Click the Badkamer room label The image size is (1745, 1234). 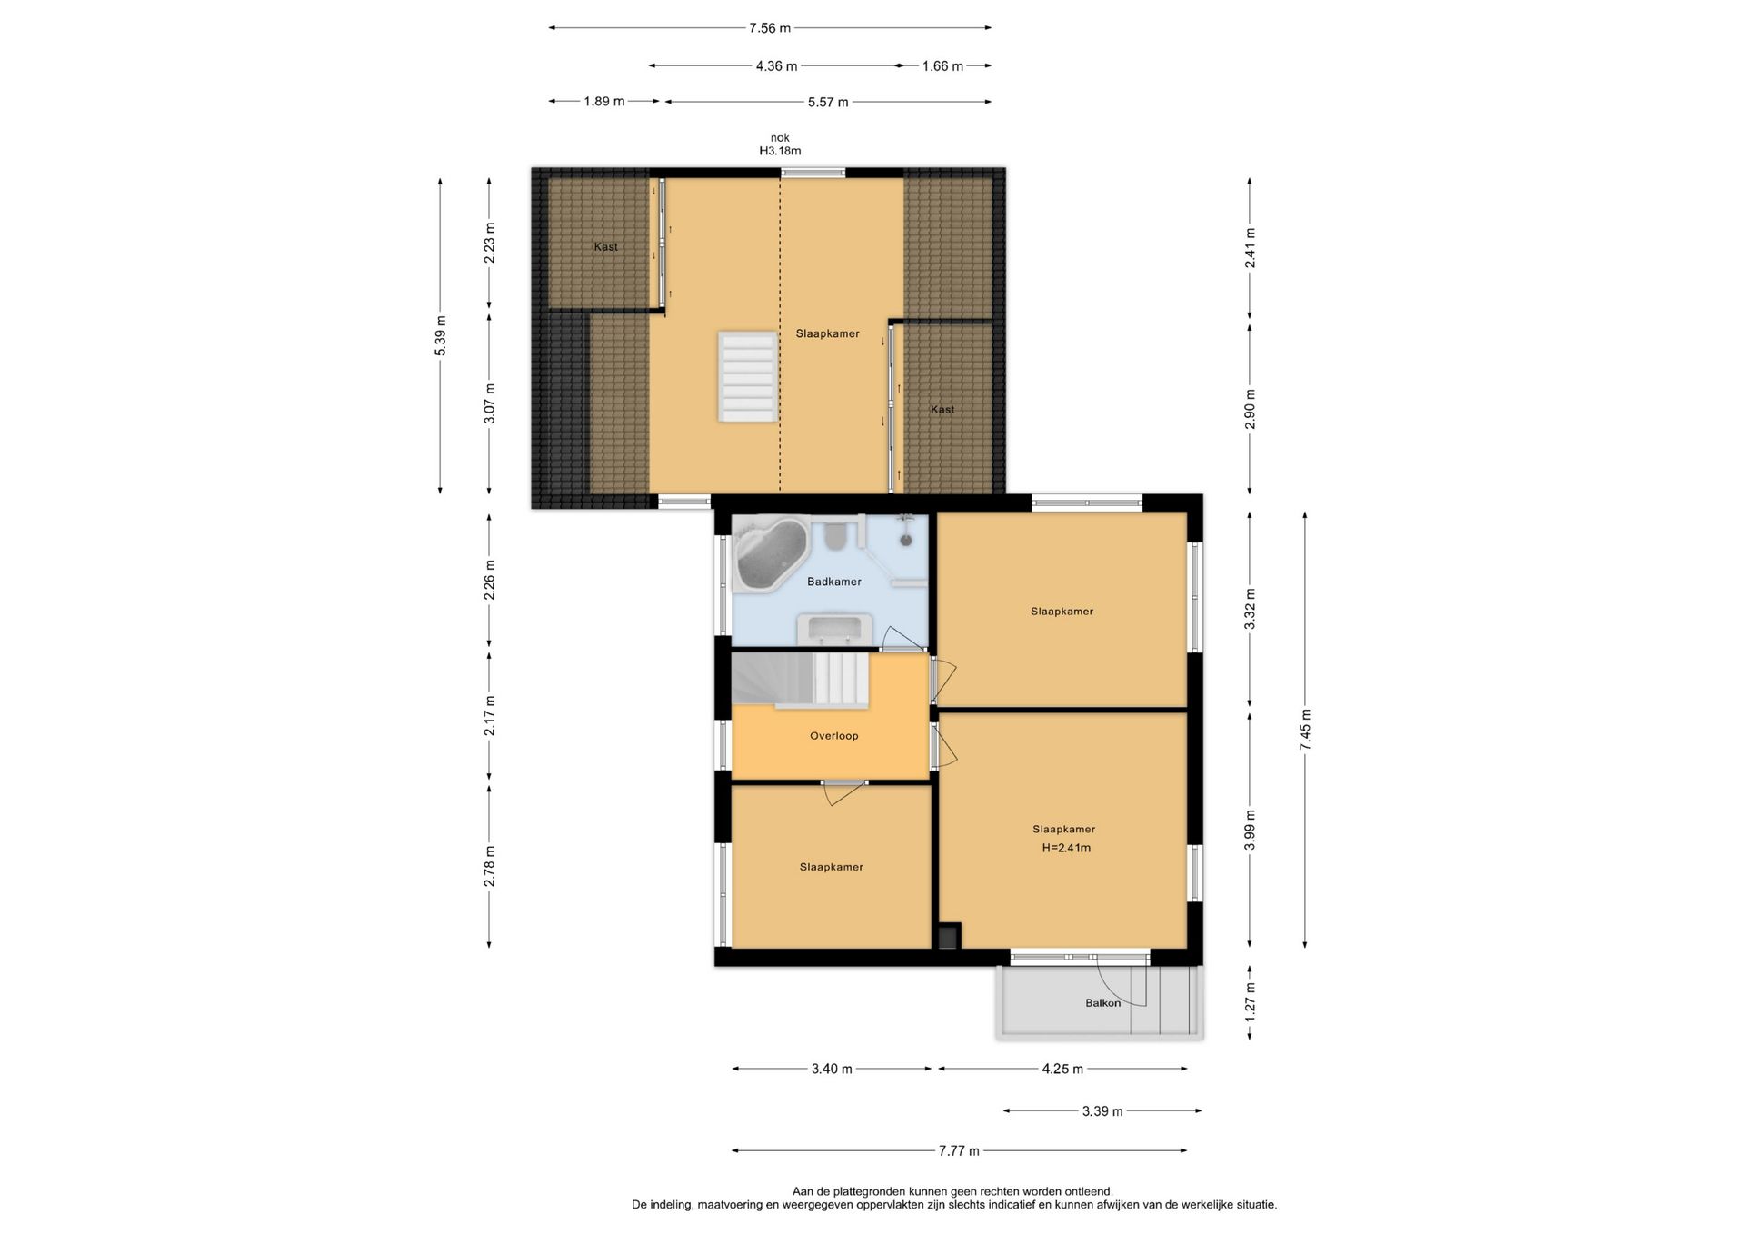[x=833, y=582]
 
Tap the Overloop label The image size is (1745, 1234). [x=833, y=736]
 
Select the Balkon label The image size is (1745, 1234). [x=1102, y=1003]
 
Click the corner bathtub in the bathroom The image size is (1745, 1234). [x=771, y=553]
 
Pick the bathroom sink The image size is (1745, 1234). [x=833, y=629]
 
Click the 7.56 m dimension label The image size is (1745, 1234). [x=769, y=28]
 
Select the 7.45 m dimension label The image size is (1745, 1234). [x=1305, y=730]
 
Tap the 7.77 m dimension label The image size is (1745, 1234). [x=959, y=1151]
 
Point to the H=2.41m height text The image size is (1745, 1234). [x=1066, y=848]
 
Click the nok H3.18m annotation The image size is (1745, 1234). [x=780, y=144]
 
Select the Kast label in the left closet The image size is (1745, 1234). [x=606, y=247]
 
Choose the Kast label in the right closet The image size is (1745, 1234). [x=942, y=410]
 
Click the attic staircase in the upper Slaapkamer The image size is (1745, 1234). [x=748, y=376]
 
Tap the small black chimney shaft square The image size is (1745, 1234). [x=948, y=937]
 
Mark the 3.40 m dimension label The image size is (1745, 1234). [x=832, y=1070]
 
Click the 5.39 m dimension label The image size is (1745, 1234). [x=441, y=336]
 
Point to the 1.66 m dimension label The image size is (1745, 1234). [x=942, y=66]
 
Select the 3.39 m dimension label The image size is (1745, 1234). [x=1102, y=1111]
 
